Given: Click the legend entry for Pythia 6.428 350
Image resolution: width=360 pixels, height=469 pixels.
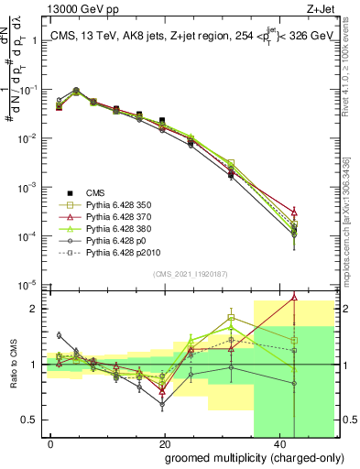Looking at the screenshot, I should point(104,205).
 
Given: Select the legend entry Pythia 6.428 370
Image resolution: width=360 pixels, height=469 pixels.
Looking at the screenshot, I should point(104,216).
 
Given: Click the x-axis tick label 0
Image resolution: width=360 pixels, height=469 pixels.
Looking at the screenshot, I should point(51,442).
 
